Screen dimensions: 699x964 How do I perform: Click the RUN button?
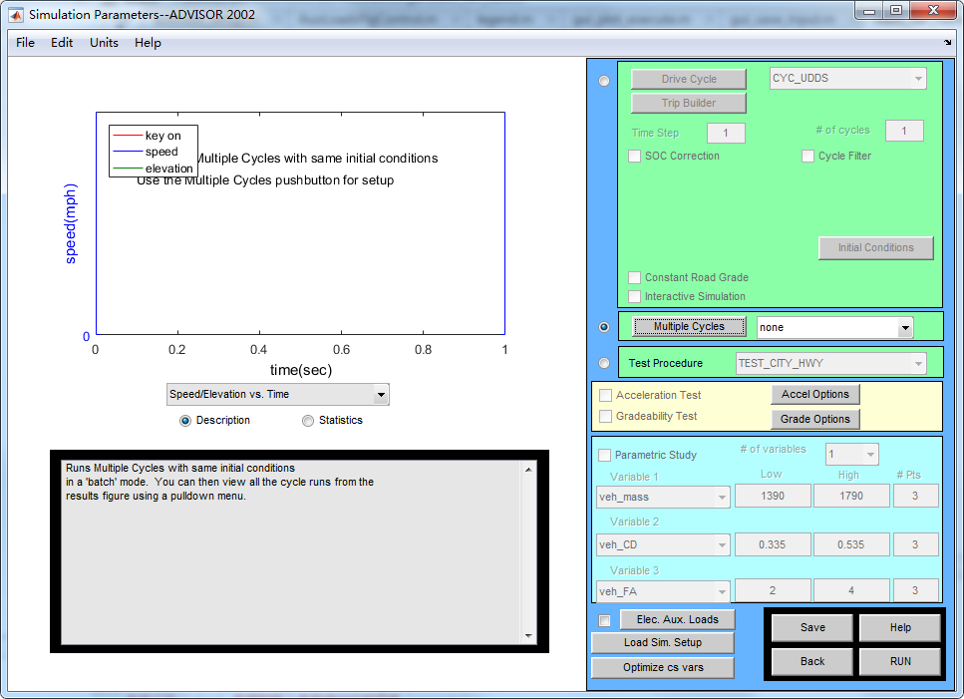click(900, 661)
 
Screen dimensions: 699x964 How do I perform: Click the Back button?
click(812, 661)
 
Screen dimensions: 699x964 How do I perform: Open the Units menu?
click(104, 43)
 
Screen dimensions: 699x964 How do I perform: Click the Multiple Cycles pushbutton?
click(689, 326)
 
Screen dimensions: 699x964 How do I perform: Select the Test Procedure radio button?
click(604, 363)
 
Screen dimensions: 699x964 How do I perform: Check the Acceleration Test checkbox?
click(605, 396)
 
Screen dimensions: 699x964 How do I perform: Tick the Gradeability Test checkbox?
click(605, 417)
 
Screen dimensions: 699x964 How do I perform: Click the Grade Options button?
click(815, 419)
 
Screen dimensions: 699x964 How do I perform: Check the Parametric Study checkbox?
click(605, 456)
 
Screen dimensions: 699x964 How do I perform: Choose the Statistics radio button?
click(308, 421)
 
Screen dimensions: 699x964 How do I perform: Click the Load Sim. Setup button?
click(663, 643)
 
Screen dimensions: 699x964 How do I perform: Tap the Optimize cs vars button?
click(663, 668)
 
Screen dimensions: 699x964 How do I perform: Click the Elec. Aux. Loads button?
click(677, 619)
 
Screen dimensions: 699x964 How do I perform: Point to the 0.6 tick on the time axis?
click(342, 350)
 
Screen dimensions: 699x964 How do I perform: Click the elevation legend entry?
click(168, 169)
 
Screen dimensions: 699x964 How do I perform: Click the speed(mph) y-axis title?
click(71, 224)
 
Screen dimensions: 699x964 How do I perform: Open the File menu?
click(25, 43)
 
